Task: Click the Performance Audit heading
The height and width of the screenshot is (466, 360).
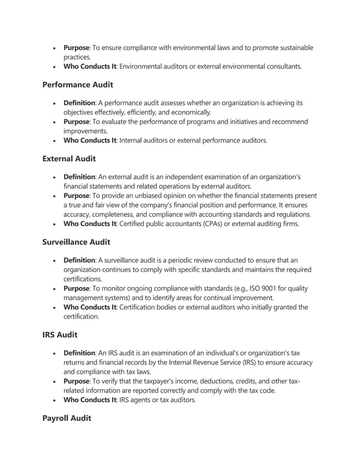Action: (78, 85)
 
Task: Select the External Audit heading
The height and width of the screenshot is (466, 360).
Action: (69, 159)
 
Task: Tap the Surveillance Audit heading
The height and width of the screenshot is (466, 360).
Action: (76, 242)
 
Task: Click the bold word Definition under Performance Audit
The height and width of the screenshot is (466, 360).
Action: (79, 103)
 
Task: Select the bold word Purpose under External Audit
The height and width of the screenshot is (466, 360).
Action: (76, 196)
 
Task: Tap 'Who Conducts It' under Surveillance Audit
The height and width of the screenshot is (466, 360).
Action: (90, 307)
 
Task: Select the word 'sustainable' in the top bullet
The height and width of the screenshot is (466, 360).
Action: (293, 48)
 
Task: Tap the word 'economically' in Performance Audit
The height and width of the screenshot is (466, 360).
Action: (190, 112)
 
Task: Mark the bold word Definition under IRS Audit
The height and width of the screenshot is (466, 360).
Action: (79, 353)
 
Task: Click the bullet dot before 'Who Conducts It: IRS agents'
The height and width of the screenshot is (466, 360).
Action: (54, 400)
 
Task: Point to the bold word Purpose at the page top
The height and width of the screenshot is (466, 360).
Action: (76, 48)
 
